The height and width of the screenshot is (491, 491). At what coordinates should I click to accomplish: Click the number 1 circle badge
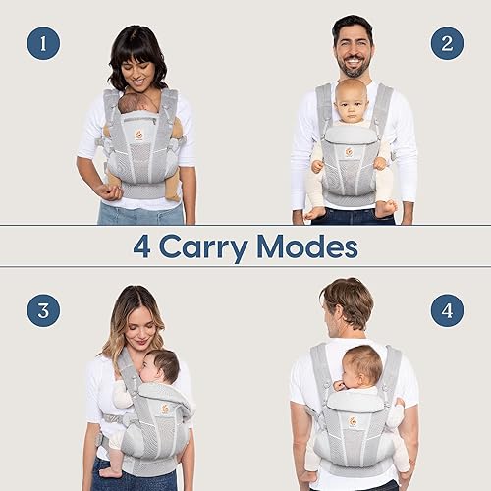click(43, 43)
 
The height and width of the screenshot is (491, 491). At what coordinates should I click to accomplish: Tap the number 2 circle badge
click(447, 43)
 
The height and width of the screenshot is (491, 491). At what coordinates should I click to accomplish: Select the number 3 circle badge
click(43, 310)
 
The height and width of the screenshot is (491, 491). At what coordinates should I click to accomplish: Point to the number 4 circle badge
click(447, 310)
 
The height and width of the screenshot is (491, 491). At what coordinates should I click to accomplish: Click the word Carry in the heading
click(214, 246)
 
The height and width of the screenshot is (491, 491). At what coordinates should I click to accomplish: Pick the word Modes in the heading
click(314, 246)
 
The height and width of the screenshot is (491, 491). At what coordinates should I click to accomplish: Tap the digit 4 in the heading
click(142, 246)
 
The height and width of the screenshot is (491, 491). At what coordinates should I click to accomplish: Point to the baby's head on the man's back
click(363, 364)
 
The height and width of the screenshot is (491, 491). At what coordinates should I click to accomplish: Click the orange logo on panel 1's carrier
click(138, 135)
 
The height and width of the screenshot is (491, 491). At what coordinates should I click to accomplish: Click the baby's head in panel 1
click(138, 100)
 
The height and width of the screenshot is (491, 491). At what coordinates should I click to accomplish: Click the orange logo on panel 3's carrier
click(166, 408)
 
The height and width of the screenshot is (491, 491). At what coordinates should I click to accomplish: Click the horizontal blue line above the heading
click(245, 227)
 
